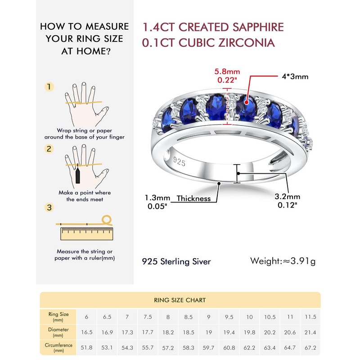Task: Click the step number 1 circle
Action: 49,87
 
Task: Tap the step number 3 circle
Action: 49,207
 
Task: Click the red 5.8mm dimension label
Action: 228,72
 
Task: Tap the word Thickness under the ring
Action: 193,198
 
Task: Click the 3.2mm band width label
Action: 287,197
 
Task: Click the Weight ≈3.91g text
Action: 283,261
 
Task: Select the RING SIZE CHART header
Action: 180,300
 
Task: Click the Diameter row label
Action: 58,332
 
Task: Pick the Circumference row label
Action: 58,348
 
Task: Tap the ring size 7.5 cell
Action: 148,317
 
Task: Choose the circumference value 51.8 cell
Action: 86,348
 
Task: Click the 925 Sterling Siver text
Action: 176,261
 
